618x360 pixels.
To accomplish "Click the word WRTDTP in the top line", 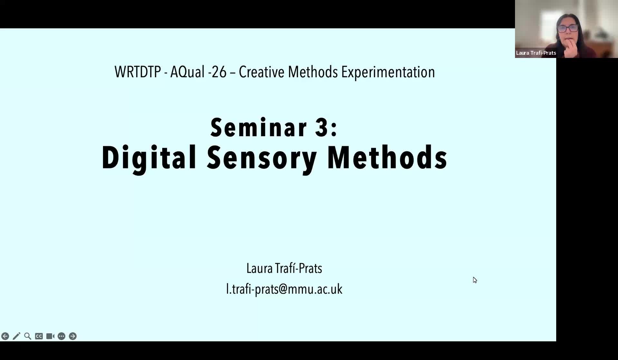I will [x=137, y=72].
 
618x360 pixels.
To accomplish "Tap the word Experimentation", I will [x=388, y=72].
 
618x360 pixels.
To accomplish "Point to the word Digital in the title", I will [x=149, y=157].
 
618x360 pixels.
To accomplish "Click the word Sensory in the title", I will [x=262, y=157].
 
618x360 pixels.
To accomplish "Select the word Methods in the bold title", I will [x=387, y=157].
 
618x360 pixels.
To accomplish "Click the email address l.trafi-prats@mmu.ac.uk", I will [x=284, y=289].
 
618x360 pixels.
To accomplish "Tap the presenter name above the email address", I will [x=284, y=268].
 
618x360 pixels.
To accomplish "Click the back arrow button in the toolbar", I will [x=5, y=336].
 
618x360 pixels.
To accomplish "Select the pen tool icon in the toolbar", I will [x=16, y=336].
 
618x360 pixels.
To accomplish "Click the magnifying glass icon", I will [x=28, y=336].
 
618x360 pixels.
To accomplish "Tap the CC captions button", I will [x=39, y=336].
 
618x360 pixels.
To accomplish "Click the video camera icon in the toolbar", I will [x=50, y=336].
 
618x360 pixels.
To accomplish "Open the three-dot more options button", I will [x=61, y=336].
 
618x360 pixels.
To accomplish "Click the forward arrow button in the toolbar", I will [x=73, y=336].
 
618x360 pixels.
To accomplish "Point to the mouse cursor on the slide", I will [x=475, y=280].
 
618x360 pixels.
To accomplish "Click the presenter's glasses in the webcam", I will [x=568, y=29].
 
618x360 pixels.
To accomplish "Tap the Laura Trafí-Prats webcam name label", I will [x=536, y=53].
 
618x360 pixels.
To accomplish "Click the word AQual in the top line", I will [x=187, y=72].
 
